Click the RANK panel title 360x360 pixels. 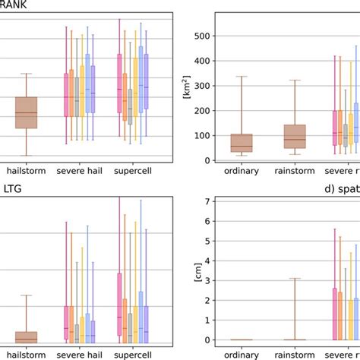coord(14,6)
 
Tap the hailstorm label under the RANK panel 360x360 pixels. coord(26,171)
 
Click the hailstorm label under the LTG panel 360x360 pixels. coord(26,353)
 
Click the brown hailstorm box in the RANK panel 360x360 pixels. coord(26,112)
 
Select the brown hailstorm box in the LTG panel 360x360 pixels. coord(26,337)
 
